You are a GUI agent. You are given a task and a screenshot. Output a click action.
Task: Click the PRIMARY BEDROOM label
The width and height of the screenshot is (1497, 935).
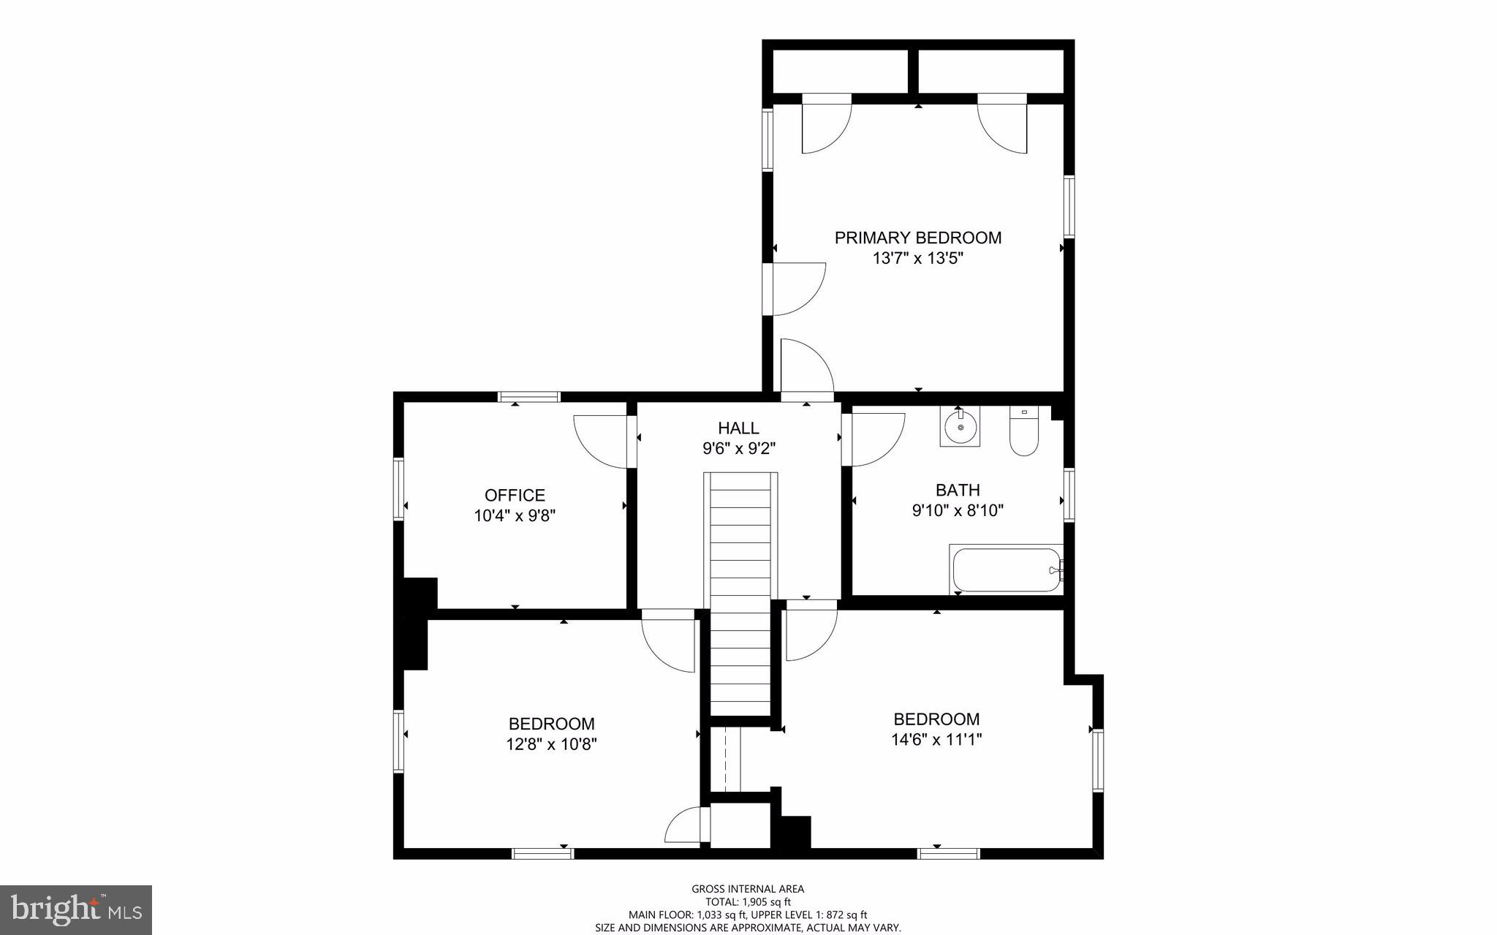pyautogui.click(x=918, y=238)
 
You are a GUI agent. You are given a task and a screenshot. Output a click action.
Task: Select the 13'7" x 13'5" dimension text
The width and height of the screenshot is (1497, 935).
pyautogui.click(x=918, y=258)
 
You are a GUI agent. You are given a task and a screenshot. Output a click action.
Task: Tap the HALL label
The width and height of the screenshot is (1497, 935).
pyautogui.click(x=738, y=428)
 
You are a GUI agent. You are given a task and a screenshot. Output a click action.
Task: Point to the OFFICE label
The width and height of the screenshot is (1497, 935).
pyautogui.click(x=515, y=495)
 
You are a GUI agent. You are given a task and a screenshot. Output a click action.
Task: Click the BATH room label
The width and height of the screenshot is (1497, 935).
pyautogui.click(x=958, y=490)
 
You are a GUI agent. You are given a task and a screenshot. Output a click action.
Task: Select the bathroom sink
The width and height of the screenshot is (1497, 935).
pyautogui.click(x=960, y=428)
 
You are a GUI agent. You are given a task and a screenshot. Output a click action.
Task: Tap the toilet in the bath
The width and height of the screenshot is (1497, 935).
pyautogui.click(x=1023, y=434)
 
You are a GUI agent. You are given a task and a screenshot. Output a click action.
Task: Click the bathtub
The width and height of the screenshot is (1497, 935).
pyautogui.click(x=1006, y=570)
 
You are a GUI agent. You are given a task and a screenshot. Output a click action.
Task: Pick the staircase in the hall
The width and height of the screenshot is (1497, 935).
pyautogui.click(x=740, y=592)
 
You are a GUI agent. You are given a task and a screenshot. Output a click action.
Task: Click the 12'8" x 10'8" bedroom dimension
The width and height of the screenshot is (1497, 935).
pyautogui.click(x=552, y=744)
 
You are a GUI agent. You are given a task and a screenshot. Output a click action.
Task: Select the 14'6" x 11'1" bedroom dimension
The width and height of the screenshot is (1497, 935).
pyautogui.click(x=936, y=739)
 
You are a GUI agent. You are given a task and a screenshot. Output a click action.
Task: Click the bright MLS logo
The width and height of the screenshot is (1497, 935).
pyautogui.click(x=76, y=910)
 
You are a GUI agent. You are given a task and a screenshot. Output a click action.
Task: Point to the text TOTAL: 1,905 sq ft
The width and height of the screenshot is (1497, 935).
pyautogui.click(x=748, y=902)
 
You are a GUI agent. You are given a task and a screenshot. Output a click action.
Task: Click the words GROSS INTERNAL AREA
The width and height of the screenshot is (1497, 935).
pyautogui.click(x=748, y=889)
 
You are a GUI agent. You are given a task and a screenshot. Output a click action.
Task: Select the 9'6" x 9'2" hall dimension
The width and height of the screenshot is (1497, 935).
pyautogui.click(x=738, y=448)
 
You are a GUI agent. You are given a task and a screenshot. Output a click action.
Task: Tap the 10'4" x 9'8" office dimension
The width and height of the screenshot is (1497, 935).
pyautogui.click(x=515, y=515)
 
